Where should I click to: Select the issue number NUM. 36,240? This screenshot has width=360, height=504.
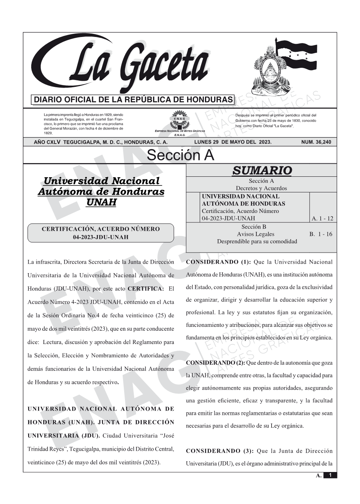[x=316, y=142]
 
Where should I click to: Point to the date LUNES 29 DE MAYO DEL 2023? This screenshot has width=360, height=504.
[x=232, y=142]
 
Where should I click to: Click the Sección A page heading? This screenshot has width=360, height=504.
[x=180, y=155]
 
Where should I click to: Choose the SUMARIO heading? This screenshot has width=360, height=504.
[x=262, y=170]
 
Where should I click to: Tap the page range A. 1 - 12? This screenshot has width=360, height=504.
[x=322, y=218]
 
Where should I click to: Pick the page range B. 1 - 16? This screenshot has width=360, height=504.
[x=321, y=234]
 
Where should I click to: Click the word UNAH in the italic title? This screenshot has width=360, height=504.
[x=101, y=202]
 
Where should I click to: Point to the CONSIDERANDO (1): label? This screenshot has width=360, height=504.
[x=218, y=262]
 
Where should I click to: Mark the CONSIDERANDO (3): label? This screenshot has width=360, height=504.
[x=220, y=451]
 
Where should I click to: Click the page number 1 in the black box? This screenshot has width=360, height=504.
[x=330, y=475]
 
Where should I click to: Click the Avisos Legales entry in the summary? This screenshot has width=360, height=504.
[x=255, y=234]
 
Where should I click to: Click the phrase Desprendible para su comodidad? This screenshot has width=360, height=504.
[x=257, y=241]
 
